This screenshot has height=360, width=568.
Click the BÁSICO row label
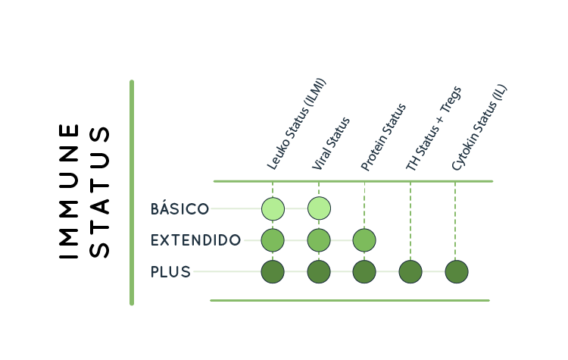pos(179,208)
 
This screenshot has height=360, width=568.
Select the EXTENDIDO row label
pos(196,240)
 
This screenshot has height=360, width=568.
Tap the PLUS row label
pos(171,271)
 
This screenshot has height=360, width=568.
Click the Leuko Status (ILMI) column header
pos(296,124)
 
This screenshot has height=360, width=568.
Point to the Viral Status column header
pos(332,144)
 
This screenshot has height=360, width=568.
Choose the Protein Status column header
pos(384,137)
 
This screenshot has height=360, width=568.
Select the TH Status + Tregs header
pos(434,128)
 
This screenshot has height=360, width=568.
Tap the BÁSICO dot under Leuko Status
pos(273,208)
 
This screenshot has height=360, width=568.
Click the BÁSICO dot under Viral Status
pos(319,208)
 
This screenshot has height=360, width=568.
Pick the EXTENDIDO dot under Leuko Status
pos(273,240)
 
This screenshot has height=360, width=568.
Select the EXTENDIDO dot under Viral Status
pos(319,240)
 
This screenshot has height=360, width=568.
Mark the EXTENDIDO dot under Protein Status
pos(364,240)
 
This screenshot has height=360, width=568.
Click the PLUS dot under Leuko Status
pos(273,271)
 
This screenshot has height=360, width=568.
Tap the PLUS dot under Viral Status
pos(319,271)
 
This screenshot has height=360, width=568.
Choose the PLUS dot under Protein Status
pos(364,271)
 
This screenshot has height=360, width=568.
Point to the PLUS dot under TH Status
pos(410,271)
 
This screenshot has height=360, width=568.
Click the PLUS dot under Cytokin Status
pos(456,271)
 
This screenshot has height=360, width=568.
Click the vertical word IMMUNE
pos(69,191)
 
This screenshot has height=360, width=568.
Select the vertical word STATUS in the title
pos(100,191)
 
